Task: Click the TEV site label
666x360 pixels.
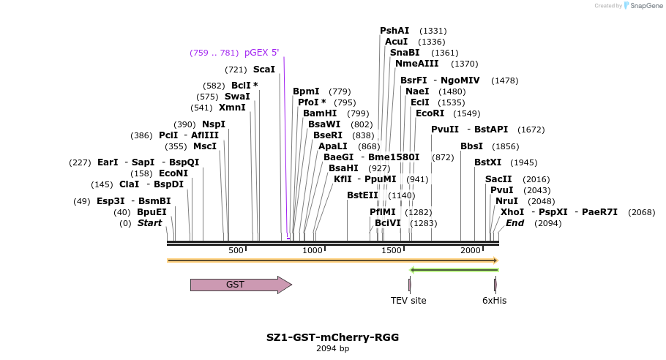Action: [x=408, y=301]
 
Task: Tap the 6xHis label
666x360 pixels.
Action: [x=494, y=301]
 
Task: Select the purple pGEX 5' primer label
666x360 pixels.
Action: [x=261, y=53]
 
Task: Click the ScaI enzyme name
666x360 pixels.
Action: [x=264, y=70]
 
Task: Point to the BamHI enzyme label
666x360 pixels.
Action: [x=320, y=113]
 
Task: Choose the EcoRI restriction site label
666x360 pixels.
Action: [x=430, y=113]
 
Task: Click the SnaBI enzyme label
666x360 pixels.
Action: [x=405, y=53]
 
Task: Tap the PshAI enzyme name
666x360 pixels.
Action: [x=394, y=31]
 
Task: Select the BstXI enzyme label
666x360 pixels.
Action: [x=488, y=162]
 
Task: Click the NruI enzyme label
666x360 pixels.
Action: [x=506, y=201]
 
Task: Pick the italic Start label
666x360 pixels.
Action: [x=149, y=223]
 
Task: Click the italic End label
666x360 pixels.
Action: [x=515, y=223]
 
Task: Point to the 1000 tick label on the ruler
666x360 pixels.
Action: [x=313, y=251]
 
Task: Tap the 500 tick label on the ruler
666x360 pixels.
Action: [x=236, y=251]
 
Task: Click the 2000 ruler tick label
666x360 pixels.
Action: [x=471, y=251]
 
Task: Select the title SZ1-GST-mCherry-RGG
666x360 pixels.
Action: [x=333, y=337]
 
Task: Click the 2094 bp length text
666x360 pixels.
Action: [x=333, y=349]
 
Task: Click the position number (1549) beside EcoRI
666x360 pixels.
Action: [x=467, y=113]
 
